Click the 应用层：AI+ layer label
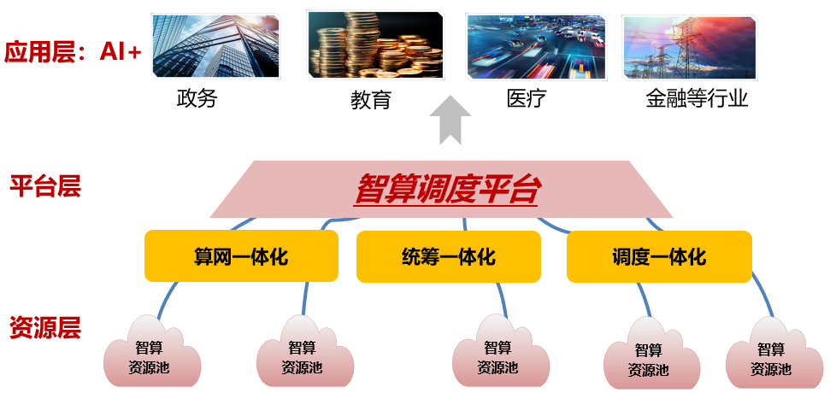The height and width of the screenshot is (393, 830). coord(73,53)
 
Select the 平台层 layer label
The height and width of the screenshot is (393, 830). coord(45,187)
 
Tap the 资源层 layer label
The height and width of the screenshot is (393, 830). coord(45,327)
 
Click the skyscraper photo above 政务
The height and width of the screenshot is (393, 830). coord(215,46)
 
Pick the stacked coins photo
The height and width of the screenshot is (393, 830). coord(375,45)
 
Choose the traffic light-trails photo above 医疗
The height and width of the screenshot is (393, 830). coord(536,46)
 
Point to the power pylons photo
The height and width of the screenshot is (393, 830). coord(689,48)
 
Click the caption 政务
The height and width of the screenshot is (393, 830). coord(197,98)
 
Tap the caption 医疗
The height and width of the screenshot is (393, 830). coord(527,98)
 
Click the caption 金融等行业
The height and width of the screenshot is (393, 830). coord(697,98)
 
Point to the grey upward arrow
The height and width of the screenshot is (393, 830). coord(450,120)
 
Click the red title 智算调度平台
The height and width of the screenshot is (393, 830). coord(447,189)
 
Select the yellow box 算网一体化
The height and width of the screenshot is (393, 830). coord(241,256)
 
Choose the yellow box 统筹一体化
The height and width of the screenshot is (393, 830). coord(449,256)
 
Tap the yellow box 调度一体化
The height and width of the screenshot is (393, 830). coord(659,256)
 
